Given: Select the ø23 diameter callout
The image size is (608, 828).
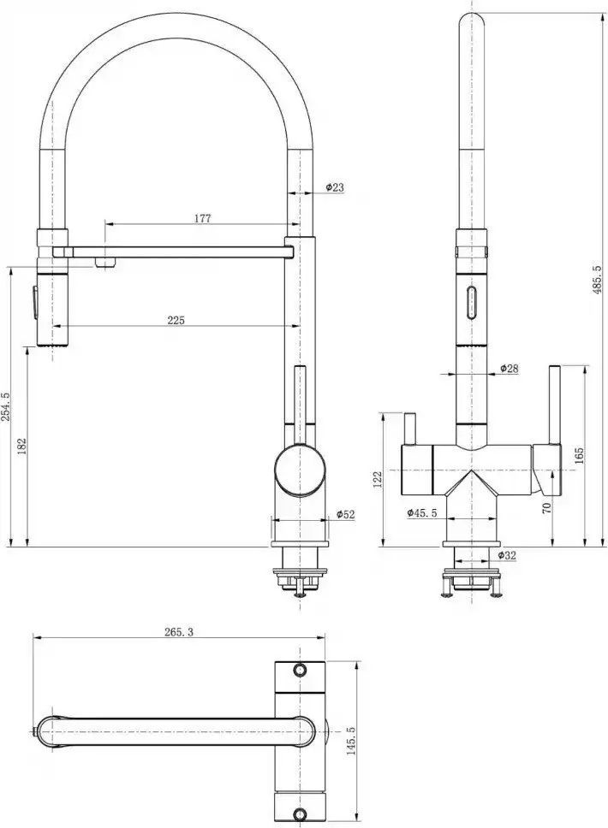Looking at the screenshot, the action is click(335, 187).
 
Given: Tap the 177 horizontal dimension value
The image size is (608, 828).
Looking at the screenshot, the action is click(202, 218).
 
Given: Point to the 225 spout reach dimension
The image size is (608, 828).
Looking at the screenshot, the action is click(176, 320).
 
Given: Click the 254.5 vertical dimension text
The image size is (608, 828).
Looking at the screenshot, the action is click(6, 406).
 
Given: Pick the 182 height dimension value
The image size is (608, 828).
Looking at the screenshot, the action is click(21, 447).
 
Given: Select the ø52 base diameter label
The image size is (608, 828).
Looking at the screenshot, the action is click(346, 514).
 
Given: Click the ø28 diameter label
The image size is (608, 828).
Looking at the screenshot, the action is click(509, 369).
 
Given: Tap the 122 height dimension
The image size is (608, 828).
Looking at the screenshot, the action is click(378, 480).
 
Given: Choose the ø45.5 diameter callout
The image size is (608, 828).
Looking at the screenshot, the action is click(422, 512).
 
